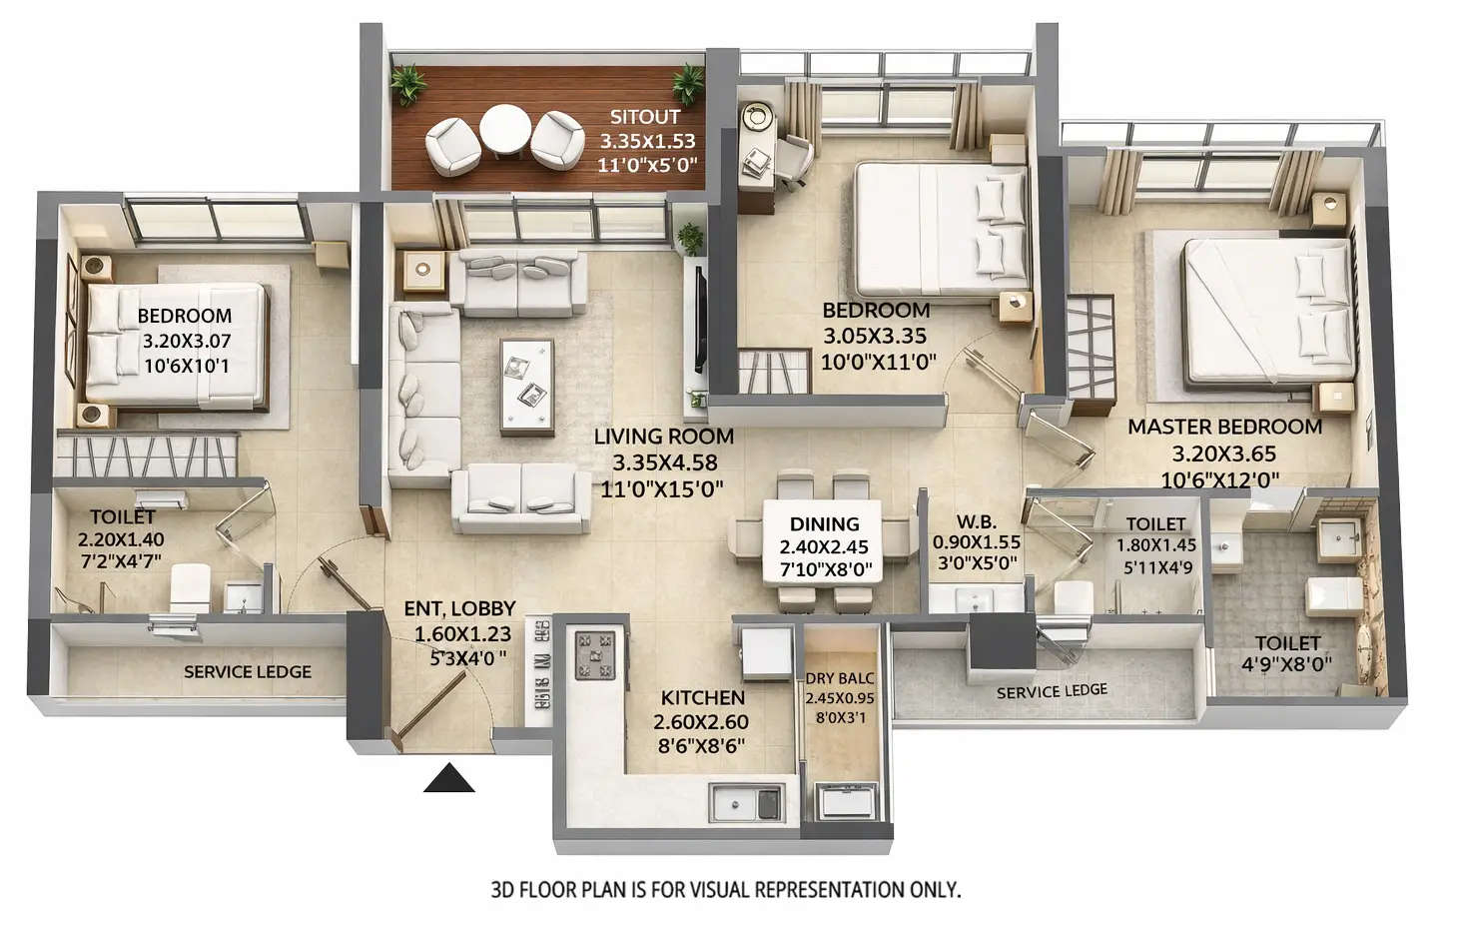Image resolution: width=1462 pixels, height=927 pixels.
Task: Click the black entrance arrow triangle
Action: pyautogui.click(x=448, y=779)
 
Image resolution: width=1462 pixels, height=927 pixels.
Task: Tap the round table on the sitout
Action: pyautogui.click(x=505, y=131)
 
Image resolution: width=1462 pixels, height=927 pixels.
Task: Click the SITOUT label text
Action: pyautogui.click(x=645, y=116)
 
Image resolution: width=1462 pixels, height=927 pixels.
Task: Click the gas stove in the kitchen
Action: pyautogui.click(x=599, y=655)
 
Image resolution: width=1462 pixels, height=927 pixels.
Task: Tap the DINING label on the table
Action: pyautogui.click(x=824, y=523)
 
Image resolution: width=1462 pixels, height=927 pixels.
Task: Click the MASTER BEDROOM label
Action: pyautogui.click(x=1224, y=427)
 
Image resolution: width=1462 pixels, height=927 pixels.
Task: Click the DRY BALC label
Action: pyautogui.click(x=840, y=679)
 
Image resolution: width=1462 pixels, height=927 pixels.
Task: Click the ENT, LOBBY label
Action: pyautogui.click(x=459, y=608)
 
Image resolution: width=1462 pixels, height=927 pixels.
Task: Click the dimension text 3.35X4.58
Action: pyautogui.click(x=664, y=463)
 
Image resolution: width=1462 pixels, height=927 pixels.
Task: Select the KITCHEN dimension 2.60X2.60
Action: pyautogui.click(x=701, y=721)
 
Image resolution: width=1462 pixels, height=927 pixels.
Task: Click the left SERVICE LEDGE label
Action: pyautogui.click(x=248, y=672)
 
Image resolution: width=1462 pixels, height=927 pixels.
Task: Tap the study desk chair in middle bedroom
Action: pyautogui.click(x=794, y=160)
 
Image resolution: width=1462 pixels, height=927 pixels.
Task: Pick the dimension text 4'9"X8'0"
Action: pyautogui.click(x=1288, y=664)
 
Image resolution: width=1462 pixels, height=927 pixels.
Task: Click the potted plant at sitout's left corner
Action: pyautogui.click(x=407, y=84)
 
